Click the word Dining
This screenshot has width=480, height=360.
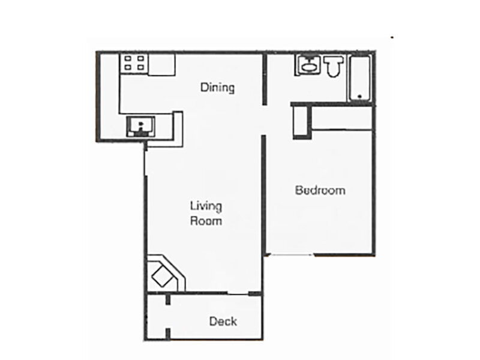tap(217, 88)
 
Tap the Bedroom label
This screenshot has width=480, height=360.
tap(320, 191)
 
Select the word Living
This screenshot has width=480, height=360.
tap(206, 207)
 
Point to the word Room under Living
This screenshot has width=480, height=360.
tap(206, 221)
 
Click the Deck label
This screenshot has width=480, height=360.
tap(223, 322)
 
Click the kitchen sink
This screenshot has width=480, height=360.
tap(140, 126)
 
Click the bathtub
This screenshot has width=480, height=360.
tap(360, 78)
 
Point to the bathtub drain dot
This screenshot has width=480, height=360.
tap(359, 96)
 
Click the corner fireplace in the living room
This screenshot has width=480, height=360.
tap(165, 274)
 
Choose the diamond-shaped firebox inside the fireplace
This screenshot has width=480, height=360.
tap(161, 277)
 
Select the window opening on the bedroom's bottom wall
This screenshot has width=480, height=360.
tap(290, 255)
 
